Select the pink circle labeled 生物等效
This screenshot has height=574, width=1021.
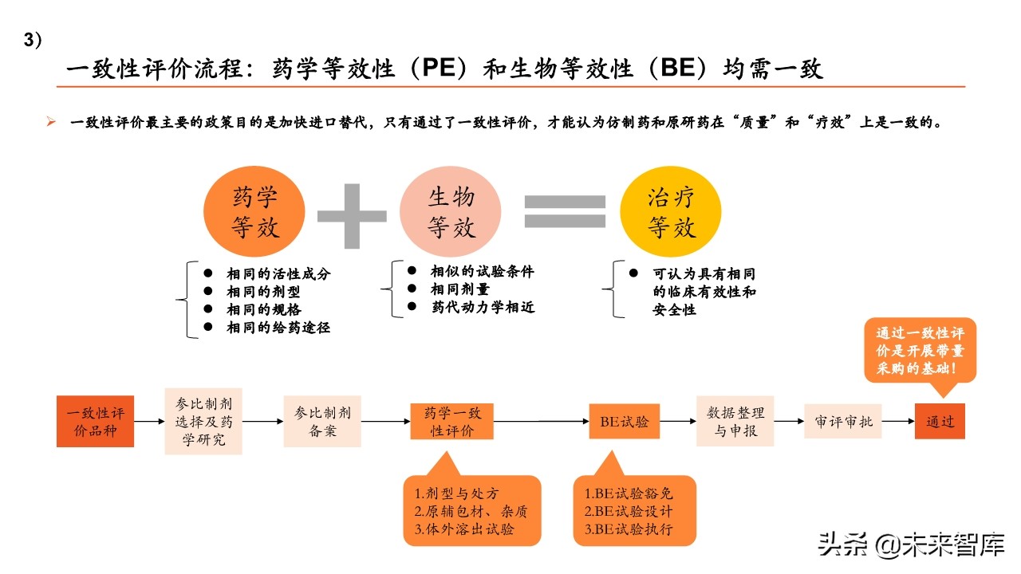pos(451,213)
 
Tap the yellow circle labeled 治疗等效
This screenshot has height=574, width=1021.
pos(671,213)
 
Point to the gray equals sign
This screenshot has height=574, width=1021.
pos(564,213)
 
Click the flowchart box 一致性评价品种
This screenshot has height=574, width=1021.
pos(96,421)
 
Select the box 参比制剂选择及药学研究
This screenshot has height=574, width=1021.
pos(203,421)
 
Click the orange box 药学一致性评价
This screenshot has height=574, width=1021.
pos(451,422)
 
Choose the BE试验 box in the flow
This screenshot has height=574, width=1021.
pos(625,421)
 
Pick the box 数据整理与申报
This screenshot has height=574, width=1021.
pos(735,421)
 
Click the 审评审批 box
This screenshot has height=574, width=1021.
pos(844,421)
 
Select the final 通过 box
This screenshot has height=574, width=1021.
pos(940,421)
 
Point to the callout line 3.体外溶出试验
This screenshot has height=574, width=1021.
pos(464,529)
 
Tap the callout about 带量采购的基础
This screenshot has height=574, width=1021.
pos(920,352)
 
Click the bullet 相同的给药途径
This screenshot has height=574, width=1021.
pos(278,327)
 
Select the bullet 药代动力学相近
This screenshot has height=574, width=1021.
pos(479,307)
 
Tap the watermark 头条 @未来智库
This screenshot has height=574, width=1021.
pos(909,545)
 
